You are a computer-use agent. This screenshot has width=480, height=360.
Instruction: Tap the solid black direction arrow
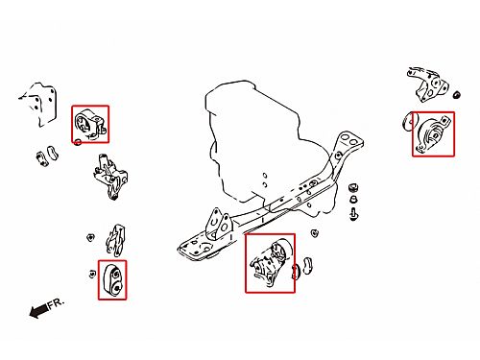pos(38,311)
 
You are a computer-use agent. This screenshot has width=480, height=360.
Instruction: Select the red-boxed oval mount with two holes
pos(112,280)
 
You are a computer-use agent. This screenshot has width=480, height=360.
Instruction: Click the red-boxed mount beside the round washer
pos(434,134)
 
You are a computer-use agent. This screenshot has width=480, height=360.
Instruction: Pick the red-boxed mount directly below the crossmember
pos(270,263)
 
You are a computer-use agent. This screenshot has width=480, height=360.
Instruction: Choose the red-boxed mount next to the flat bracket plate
pos(89,125)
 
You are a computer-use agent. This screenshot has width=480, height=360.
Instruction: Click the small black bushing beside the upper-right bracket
pos(457,95)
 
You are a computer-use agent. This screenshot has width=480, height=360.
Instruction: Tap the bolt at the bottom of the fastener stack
pos(353,214)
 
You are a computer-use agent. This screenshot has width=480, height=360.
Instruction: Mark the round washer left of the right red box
pos(408,122)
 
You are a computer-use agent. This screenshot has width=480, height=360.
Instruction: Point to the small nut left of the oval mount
pos(92,275)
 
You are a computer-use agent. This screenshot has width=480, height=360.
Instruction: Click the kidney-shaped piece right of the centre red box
pos(307,266)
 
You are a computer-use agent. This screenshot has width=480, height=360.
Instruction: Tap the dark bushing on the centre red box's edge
pos(296,272)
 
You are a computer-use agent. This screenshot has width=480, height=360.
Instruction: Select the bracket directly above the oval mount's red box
pos(115,240)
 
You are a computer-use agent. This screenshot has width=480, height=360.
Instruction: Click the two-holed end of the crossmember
pos(348,140)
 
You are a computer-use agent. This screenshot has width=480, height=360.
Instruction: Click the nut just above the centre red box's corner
pos(315,232)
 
